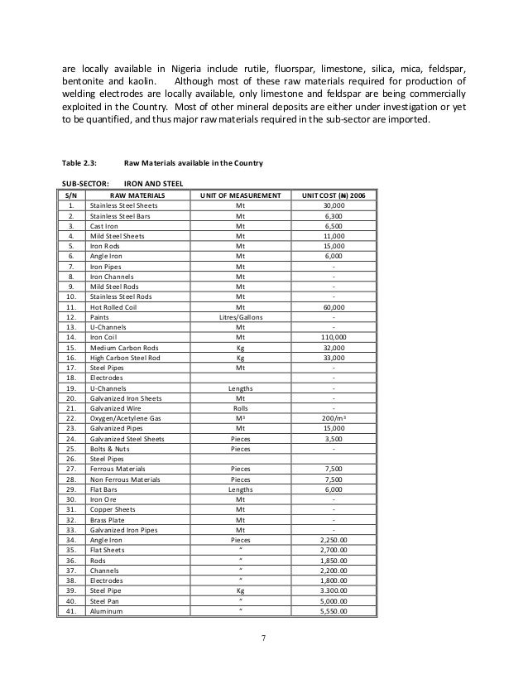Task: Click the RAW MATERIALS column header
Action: pos(137,195)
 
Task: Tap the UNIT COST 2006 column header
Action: pos(333,195)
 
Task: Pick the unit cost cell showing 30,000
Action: pos(334,205)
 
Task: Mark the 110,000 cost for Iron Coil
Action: pos(334,337)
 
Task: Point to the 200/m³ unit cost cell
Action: pos(334,418)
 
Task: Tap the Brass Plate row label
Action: pos(108,520)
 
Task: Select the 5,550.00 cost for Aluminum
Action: pos(334,611)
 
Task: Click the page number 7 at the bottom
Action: pos(263,638)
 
